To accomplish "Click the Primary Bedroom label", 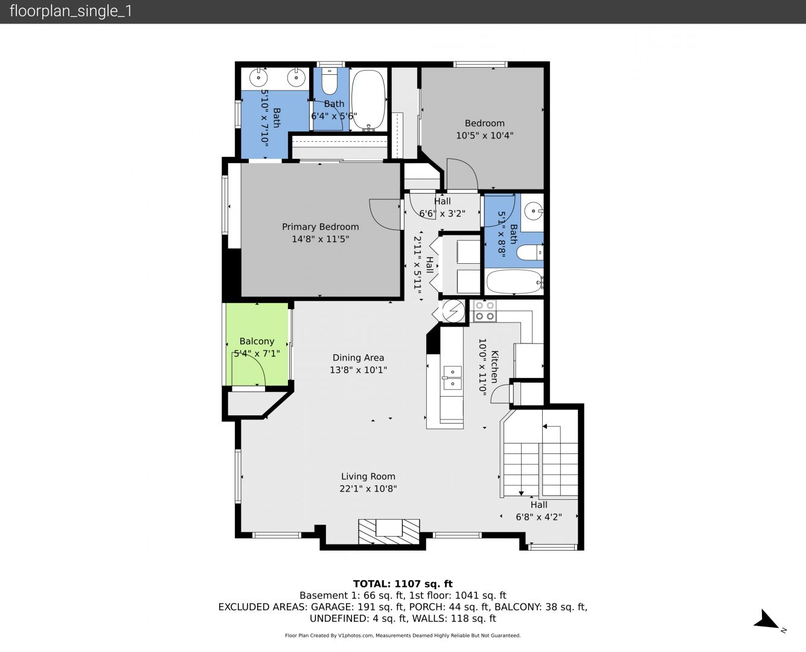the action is [x=320, y=226].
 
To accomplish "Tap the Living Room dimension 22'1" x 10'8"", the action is [x=368, y=488].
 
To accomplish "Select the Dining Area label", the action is [x=358, y=357].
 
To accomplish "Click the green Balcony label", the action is [x=257, y=341].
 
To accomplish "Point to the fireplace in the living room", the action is [x=389, y=532].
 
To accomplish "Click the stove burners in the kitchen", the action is [x=485, y=311].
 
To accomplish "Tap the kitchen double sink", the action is [x=452, y=378].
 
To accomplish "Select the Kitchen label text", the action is [x=494, y=366].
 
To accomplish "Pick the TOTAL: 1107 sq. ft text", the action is [x=403, y=584].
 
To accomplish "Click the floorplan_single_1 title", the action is [x=71, y=11].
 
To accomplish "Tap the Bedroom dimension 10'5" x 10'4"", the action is [x=484, y=135].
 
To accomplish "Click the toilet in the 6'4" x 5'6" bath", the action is [x=329, y=81].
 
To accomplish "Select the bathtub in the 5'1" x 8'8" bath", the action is [x=514, y=281].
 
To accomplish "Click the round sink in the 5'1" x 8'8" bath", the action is [x=534, y=211].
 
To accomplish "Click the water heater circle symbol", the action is [x=453, y=311].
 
